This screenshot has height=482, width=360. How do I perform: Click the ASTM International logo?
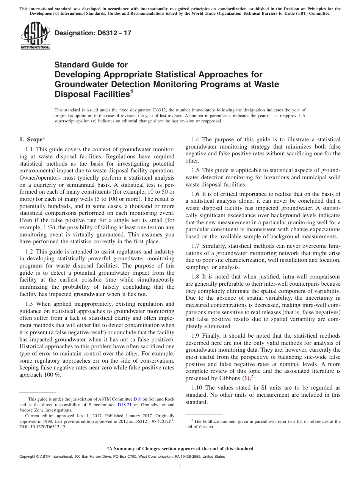35,37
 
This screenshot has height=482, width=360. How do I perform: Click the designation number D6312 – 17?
93,33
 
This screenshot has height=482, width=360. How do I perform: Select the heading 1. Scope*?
32,139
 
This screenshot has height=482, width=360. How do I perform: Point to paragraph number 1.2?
30,252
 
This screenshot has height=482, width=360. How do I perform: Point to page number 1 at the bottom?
180,466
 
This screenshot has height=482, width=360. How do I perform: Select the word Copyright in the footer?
28,457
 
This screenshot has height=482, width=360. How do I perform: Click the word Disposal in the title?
74,94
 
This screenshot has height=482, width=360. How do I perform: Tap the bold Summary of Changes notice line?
180,449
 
